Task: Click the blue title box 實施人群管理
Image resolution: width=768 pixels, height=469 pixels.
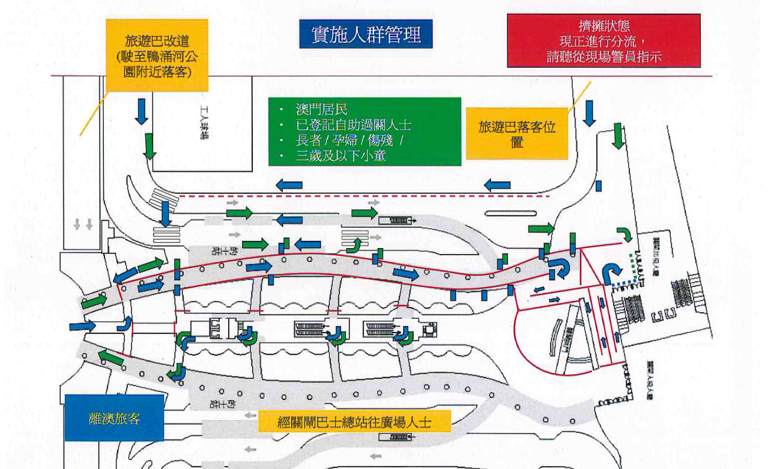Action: point(366,34)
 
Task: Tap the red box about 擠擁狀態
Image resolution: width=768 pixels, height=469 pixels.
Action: point(603,41)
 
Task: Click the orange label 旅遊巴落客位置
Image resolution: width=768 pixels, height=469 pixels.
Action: point(517,134)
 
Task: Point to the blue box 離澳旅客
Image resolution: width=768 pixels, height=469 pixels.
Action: point(114,418)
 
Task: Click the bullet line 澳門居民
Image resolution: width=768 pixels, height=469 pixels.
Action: point(322,110)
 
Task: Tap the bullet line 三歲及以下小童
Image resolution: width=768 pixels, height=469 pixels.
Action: point(340,156)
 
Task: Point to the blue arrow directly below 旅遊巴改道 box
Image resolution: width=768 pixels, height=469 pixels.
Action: point(142,111)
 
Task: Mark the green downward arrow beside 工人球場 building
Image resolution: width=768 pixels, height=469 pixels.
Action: point(149,146)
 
